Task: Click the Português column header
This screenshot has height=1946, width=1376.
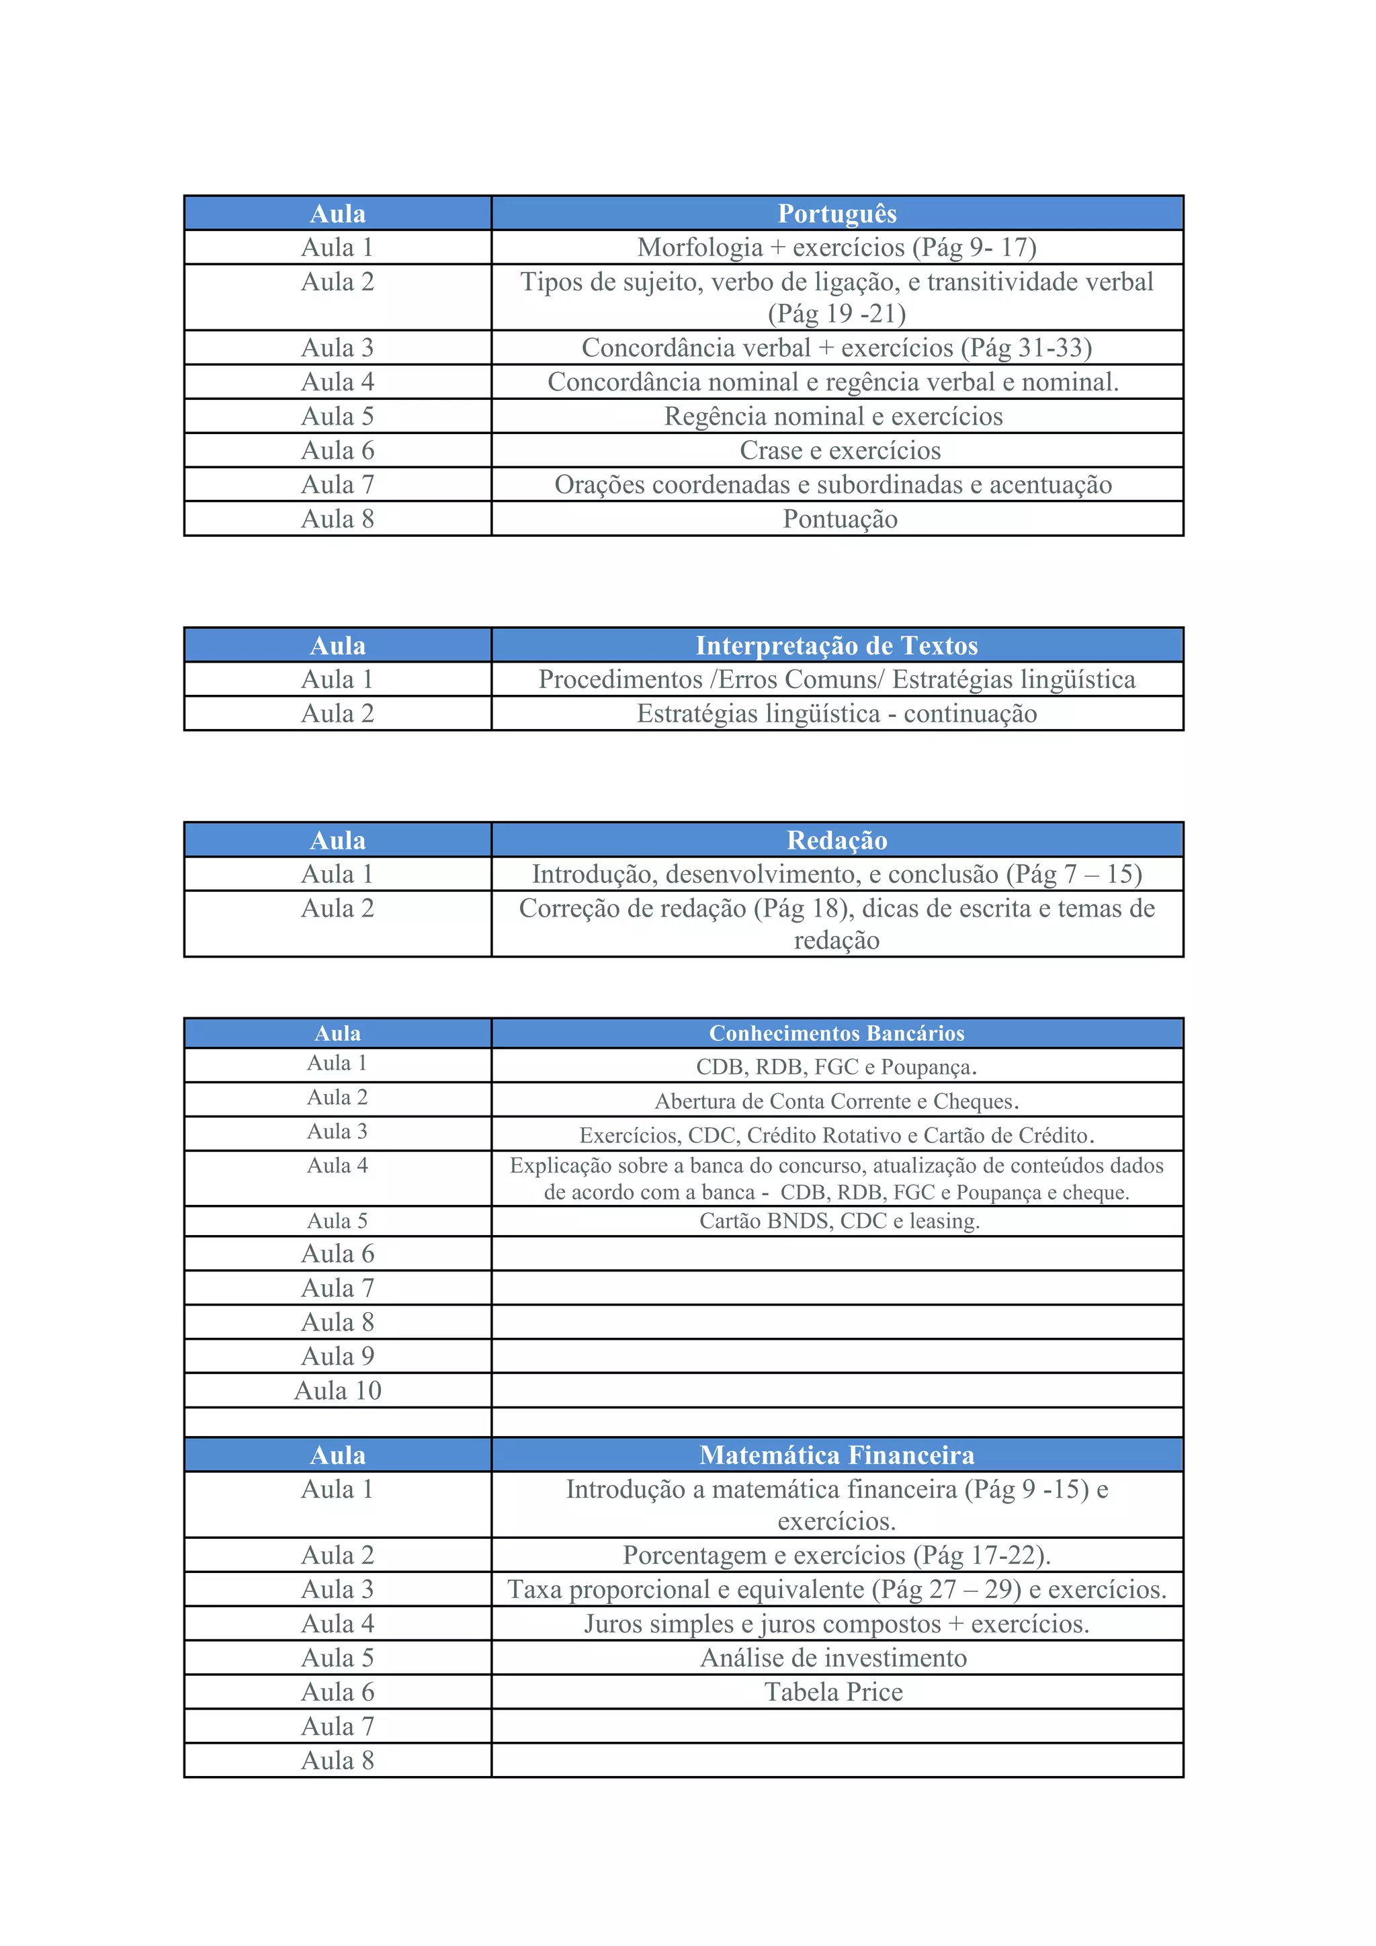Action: click(836, 214)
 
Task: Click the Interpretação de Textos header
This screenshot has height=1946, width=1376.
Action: click(836, 646)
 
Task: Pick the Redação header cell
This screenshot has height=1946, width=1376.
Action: click(836, 840)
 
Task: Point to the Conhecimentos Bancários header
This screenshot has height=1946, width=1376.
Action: click(836, 1033)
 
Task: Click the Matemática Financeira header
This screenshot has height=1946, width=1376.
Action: click(836, 1455)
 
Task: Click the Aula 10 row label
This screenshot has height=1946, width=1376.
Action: click(337, 1391)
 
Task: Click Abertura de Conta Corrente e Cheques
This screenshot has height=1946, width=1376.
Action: click(836, 1101)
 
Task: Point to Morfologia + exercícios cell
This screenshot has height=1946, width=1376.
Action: click(836, 247)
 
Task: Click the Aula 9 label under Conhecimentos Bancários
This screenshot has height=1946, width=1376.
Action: click(337, 1356)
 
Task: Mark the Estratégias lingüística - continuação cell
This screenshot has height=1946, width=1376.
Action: click(836, 714)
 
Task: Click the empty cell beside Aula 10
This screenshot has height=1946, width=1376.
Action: click(836, 1391)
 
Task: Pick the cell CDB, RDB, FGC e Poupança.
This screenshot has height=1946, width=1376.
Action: click(836, 1067)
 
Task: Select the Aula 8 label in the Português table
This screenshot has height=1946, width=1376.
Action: click(337, 519)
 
